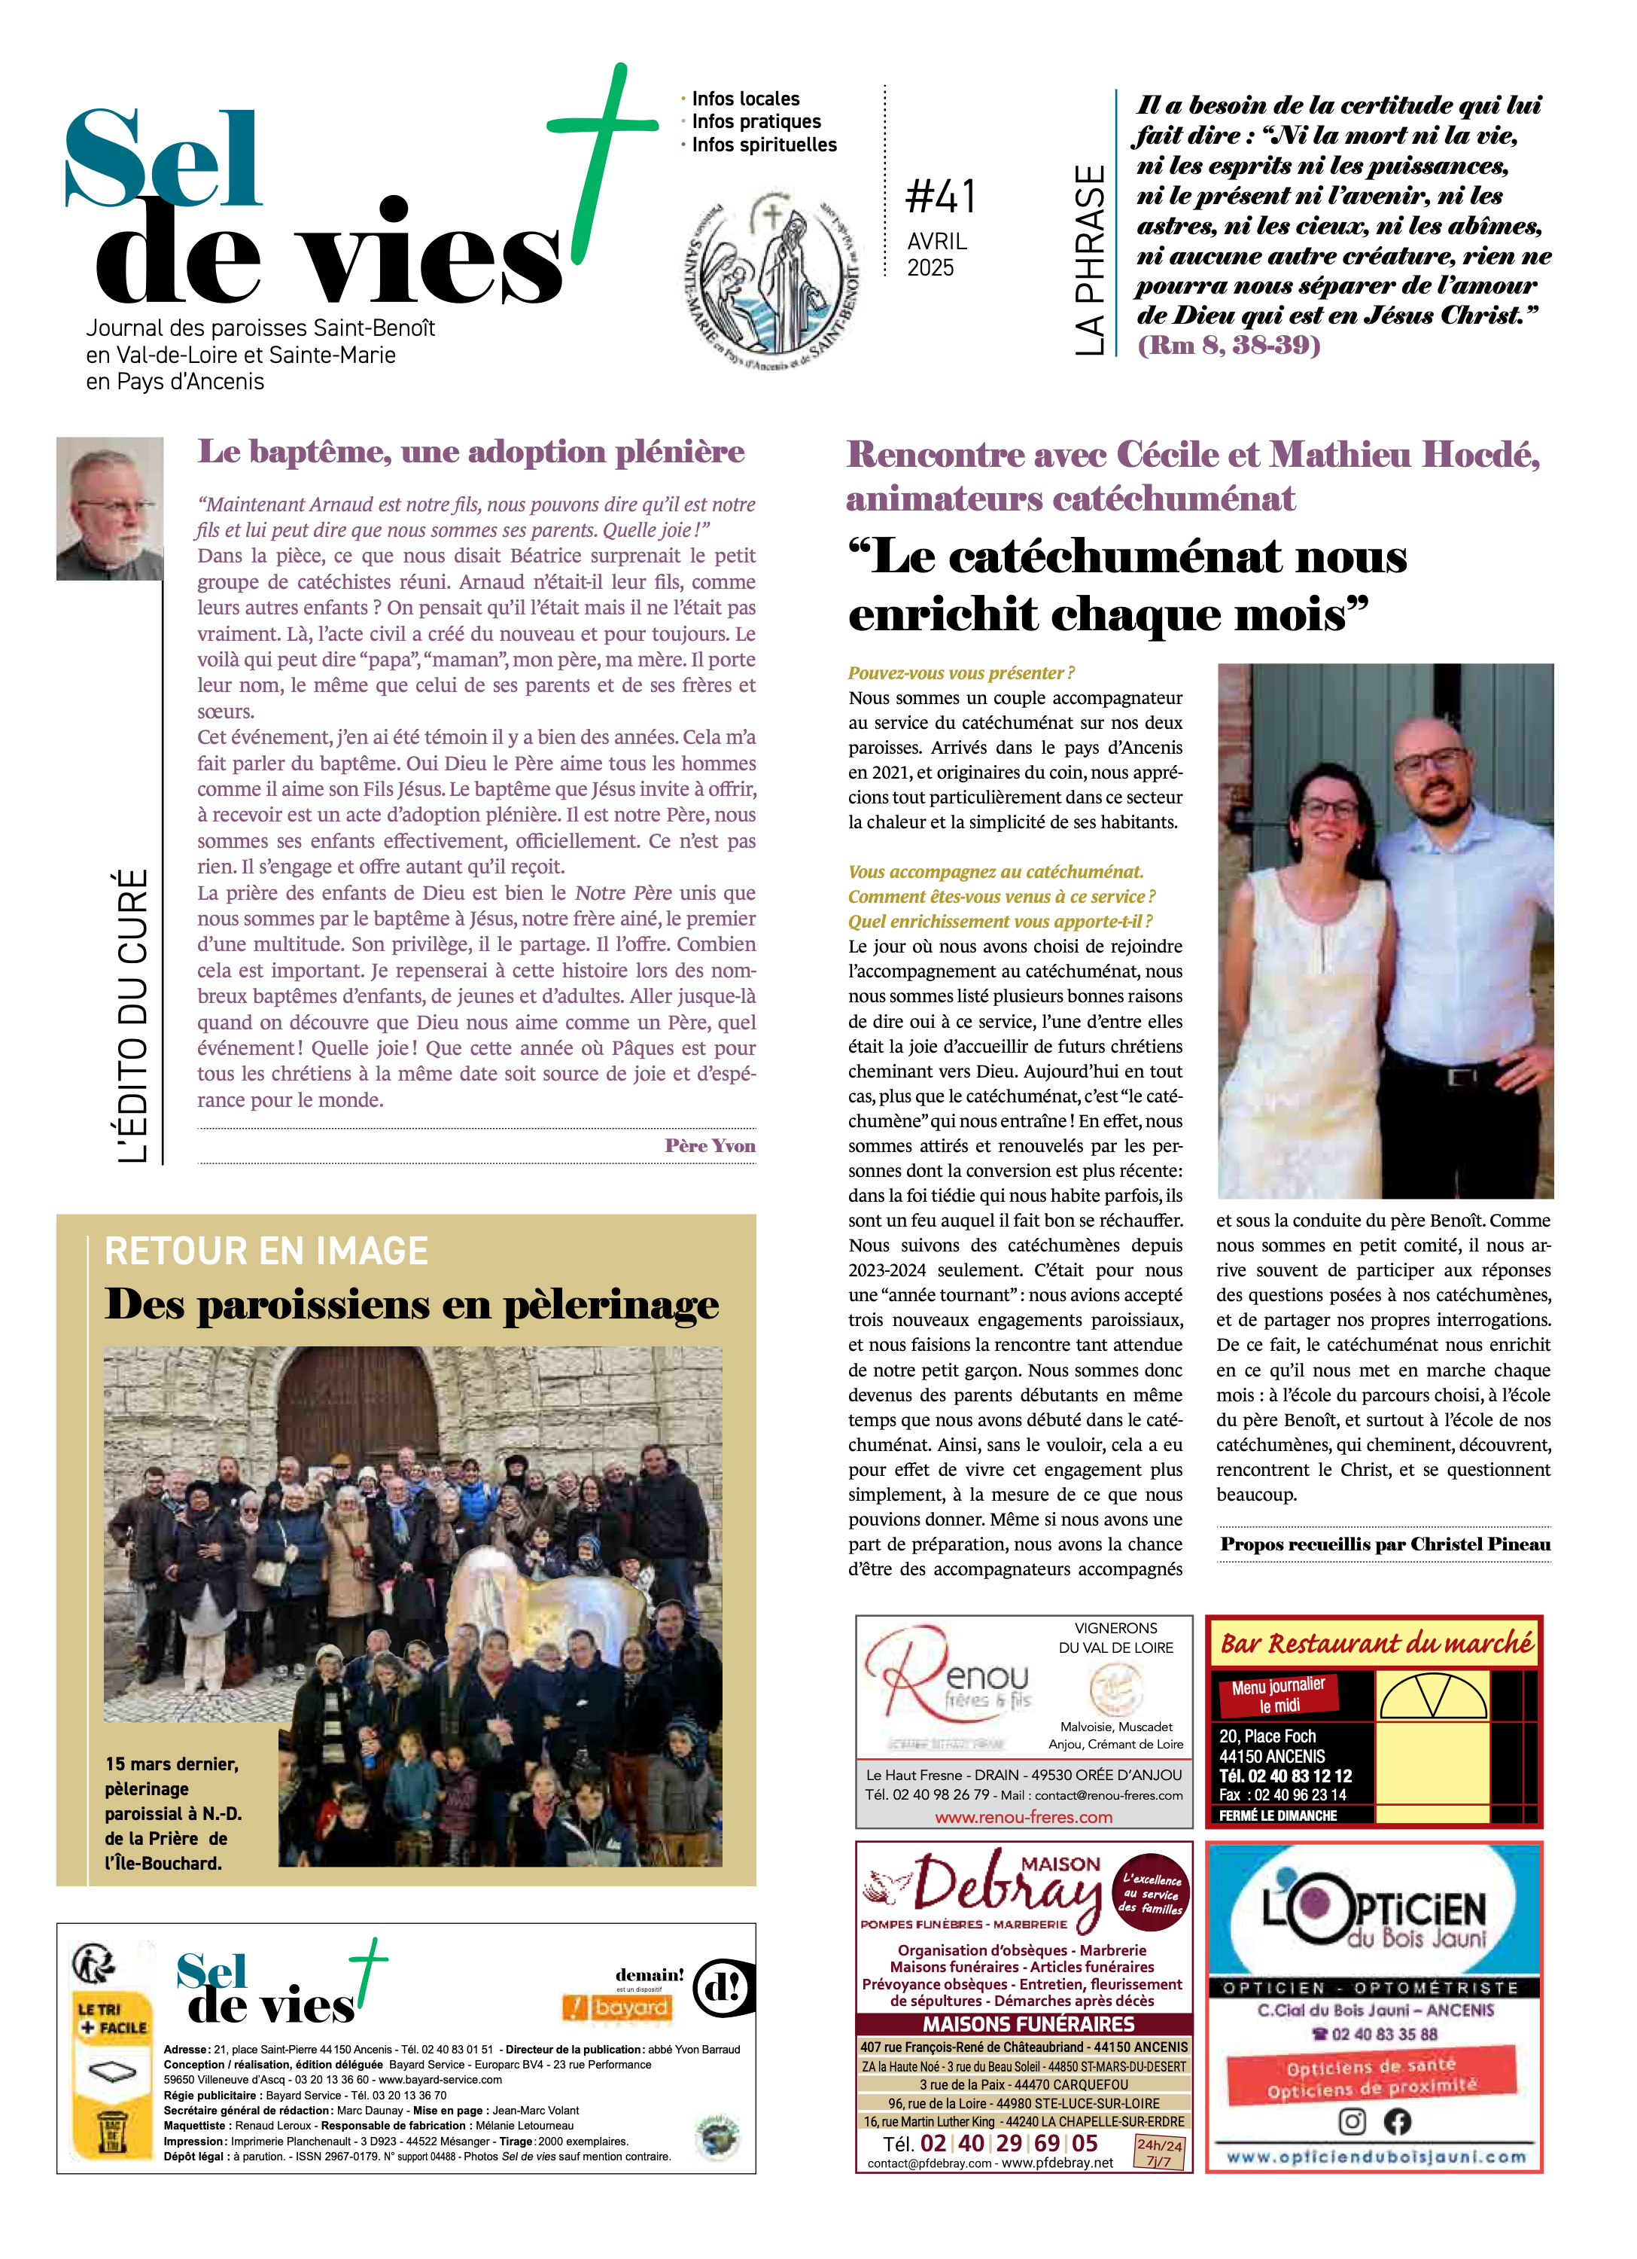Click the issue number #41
point(940,197)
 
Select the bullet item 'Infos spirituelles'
point(764,145)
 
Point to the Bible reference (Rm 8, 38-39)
point(1229,346)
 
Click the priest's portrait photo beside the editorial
point(110,508)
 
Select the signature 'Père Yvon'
point(710,1145)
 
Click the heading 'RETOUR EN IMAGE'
point(266,1251)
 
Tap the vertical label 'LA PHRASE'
point(1091,260)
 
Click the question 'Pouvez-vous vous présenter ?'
point(961,673)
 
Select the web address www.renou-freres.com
point(1023,1817)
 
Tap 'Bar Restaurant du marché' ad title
point(1376,1644)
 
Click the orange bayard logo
point(619,2008)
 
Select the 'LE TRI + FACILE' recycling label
point(112,2018)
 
